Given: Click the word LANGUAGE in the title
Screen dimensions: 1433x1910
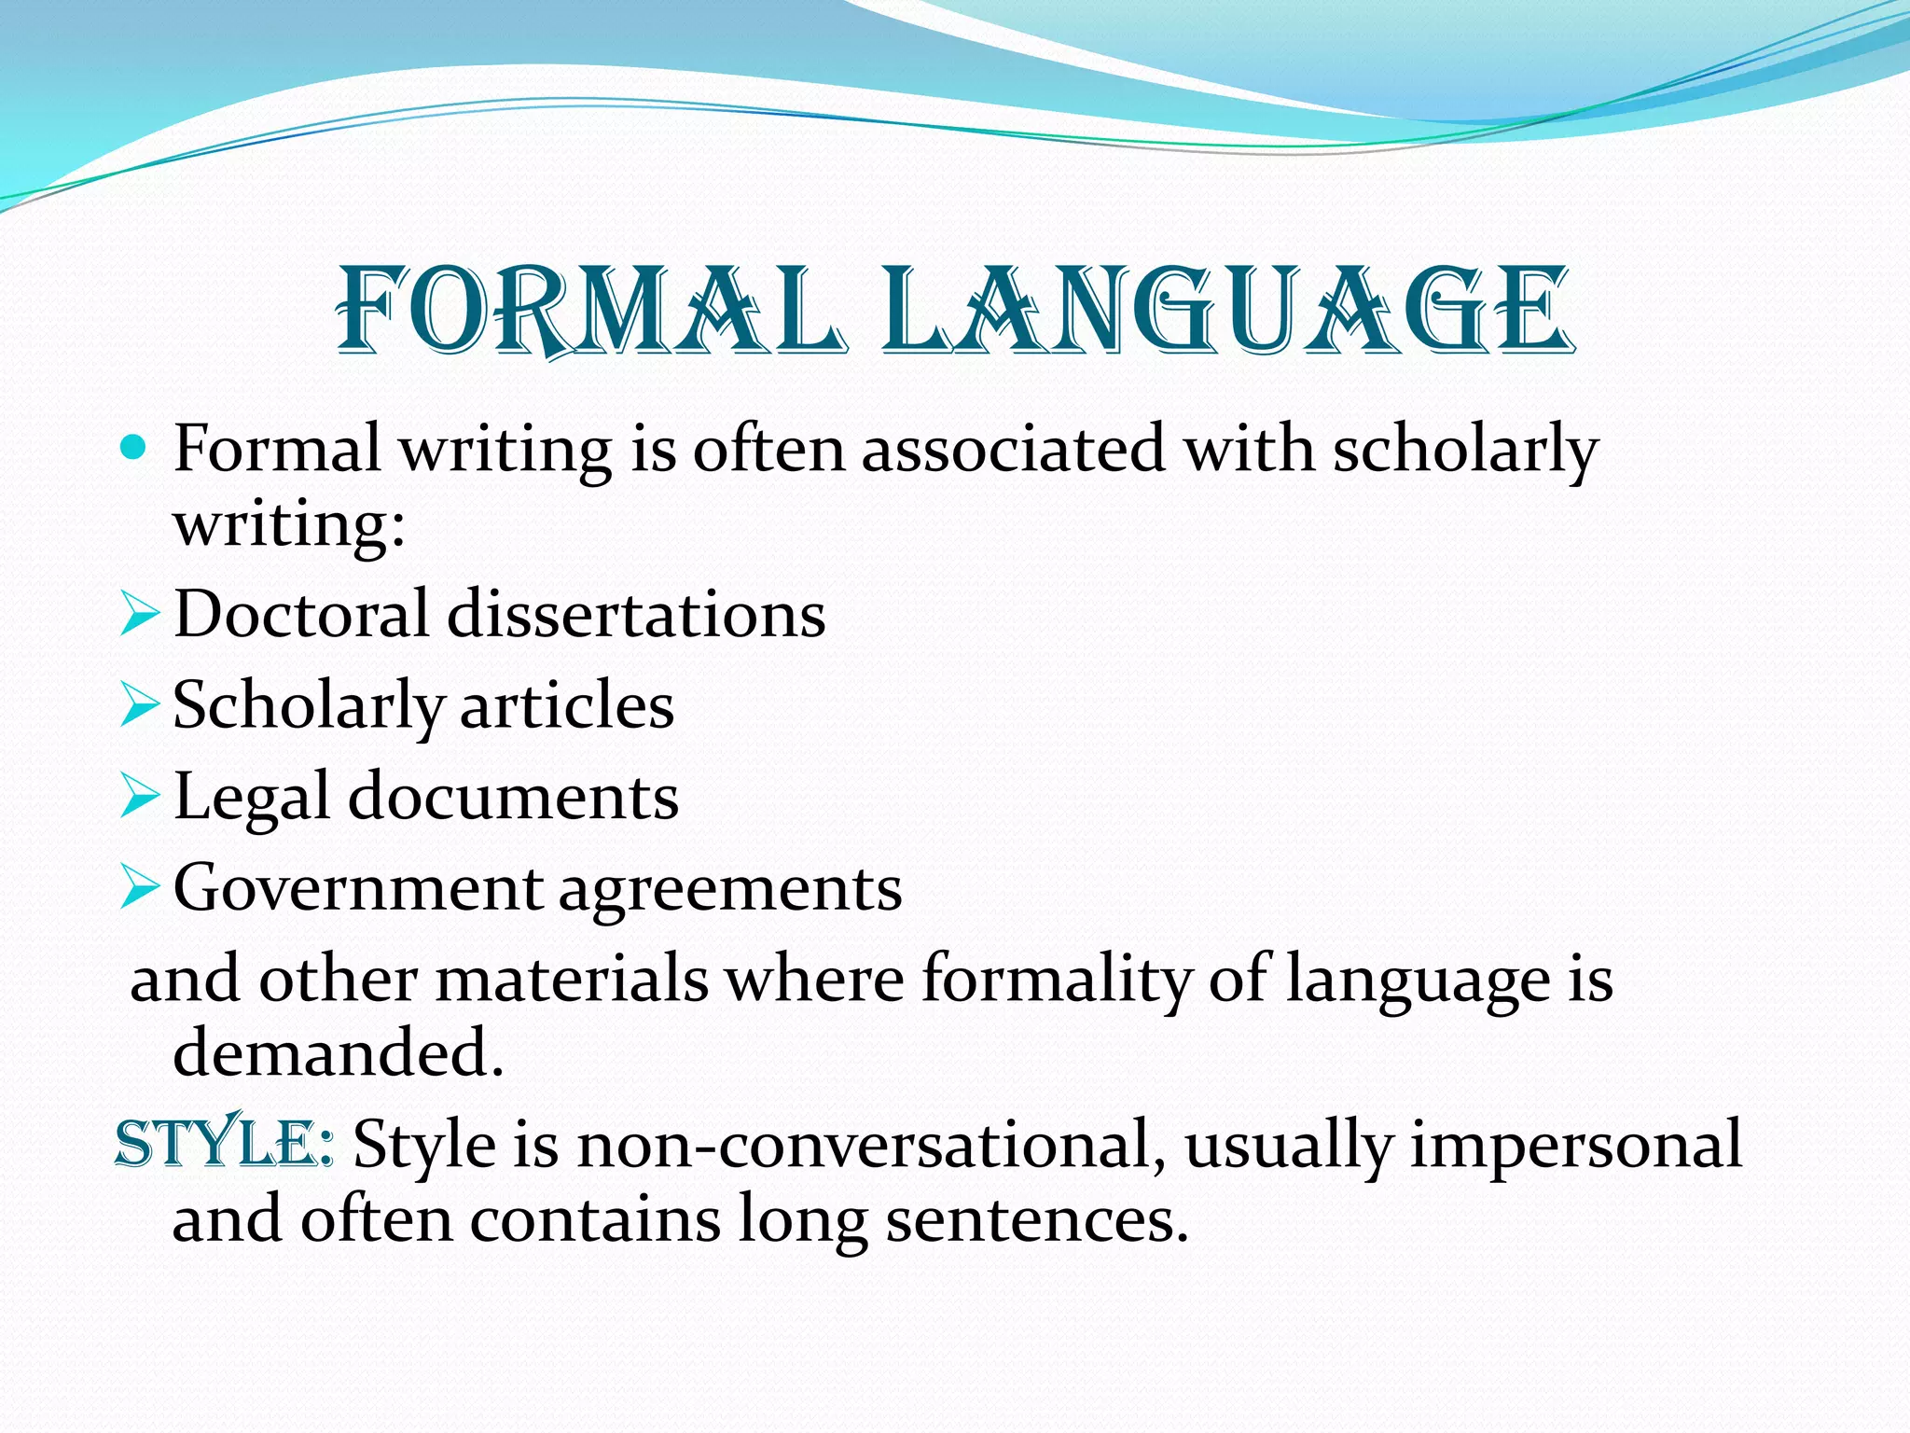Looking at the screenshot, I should pos(1227,310).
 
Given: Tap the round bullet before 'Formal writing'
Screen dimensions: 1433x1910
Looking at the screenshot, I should pos(134,449).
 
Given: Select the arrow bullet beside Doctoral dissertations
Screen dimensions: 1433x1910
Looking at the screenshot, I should pos(139,617).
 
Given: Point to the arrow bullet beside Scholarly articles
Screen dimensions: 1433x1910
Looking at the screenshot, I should pos(139,707).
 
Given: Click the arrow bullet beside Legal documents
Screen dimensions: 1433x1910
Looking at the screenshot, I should pos(139,798).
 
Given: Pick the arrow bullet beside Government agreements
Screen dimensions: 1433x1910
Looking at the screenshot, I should pos(139,888).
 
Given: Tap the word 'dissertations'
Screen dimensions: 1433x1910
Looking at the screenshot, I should pos(636,615).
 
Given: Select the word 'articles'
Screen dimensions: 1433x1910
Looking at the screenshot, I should pos(566,706).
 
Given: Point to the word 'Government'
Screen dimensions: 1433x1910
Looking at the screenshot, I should pos(357,888).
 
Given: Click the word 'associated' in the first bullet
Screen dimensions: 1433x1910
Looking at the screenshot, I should pos(1013,449).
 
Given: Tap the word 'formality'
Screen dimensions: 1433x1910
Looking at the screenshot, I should pos(1057,980).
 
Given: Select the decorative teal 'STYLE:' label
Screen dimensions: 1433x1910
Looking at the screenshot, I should pos(224,1144).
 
